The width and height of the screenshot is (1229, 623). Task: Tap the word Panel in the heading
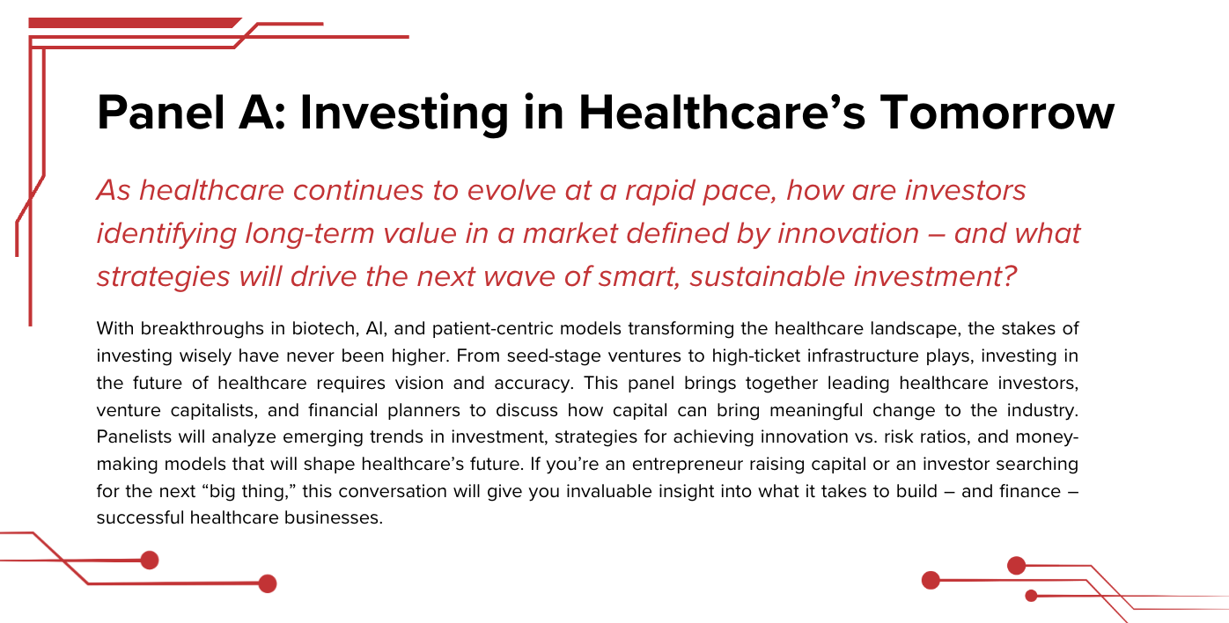pos(161,113)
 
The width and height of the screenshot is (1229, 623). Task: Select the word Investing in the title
pos(404,114)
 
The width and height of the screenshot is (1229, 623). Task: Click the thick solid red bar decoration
pos(135,23)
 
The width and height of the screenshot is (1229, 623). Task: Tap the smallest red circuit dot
pos(1031,596)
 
